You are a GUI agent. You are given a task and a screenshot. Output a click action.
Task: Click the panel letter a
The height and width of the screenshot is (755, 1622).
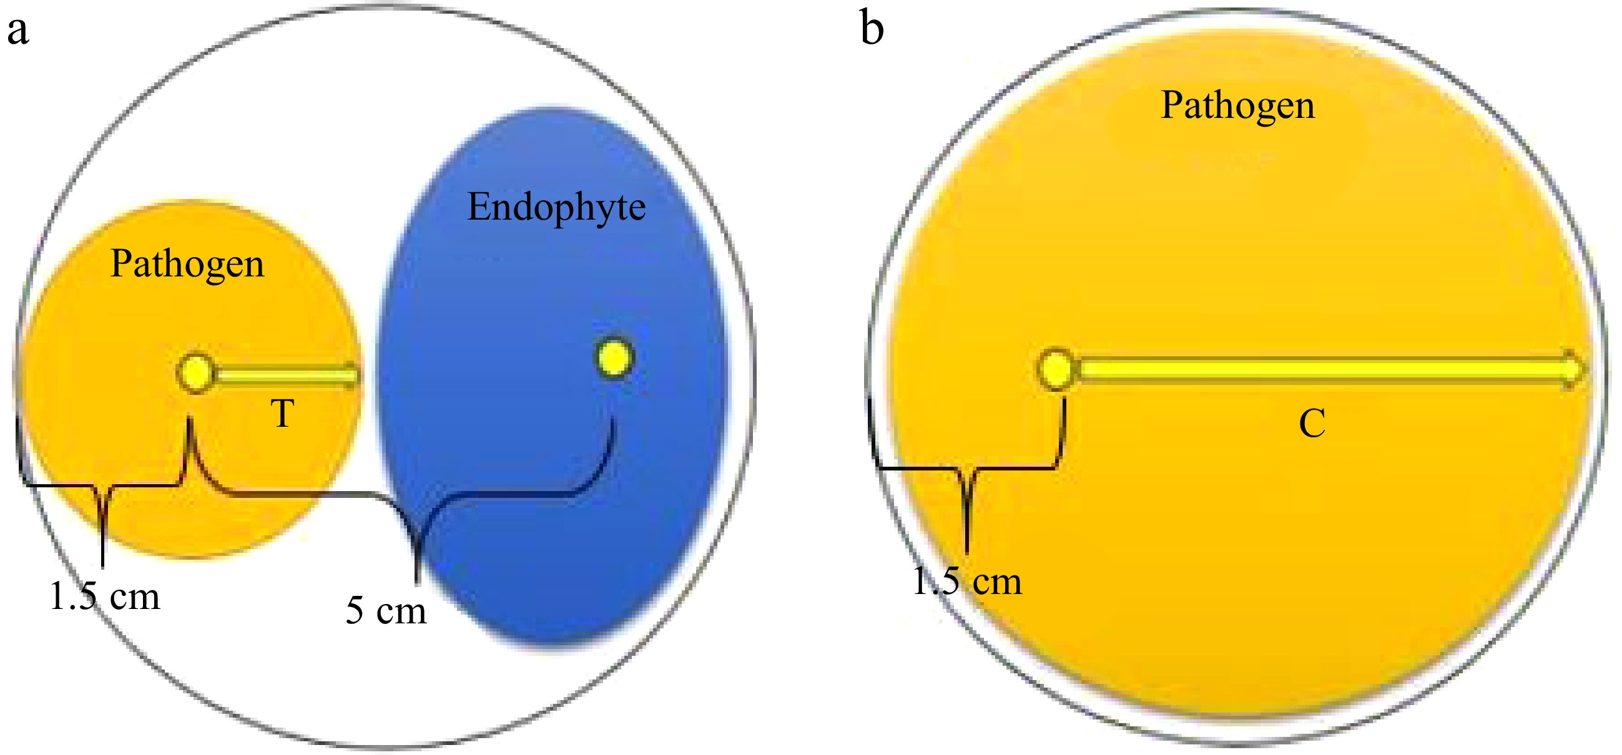click(17, 31)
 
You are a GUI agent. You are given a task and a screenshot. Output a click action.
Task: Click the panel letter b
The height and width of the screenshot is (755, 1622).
click(872, 30)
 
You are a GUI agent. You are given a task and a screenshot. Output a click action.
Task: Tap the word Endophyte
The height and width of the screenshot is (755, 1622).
click(556, 207)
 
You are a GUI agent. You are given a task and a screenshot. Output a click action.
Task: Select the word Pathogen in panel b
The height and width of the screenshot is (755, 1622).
click(1238, 105)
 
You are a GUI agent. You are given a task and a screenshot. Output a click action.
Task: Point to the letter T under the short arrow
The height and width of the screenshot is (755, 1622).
click(283, 414)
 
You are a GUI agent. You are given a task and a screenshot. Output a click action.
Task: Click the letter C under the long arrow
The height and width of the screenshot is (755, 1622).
click(1312, 424)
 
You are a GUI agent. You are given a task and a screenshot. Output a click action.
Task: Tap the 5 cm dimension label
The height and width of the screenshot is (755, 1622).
click(386, 610)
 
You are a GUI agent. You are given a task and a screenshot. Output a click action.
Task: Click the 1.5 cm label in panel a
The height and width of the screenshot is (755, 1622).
click(104, 596)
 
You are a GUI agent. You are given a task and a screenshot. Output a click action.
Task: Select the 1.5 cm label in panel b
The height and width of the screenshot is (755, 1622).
click(967, 581)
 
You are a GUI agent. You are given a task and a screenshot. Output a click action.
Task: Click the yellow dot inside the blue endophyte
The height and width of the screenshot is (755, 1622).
click(614, 359)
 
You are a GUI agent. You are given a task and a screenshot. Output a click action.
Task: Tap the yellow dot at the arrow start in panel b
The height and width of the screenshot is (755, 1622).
click(1056, 369)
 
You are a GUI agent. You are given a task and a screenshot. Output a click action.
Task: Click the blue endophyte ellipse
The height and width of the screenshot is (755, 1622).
click(554, 441)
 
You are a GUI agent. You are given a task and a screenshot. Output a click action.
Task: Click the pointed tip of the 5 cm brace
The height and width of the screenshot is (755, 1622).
click(417, 582)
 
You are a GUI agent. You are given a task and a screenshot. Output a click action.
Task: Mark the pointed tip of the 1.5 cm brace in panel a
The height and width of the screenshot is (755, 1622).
click(102, 567)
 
